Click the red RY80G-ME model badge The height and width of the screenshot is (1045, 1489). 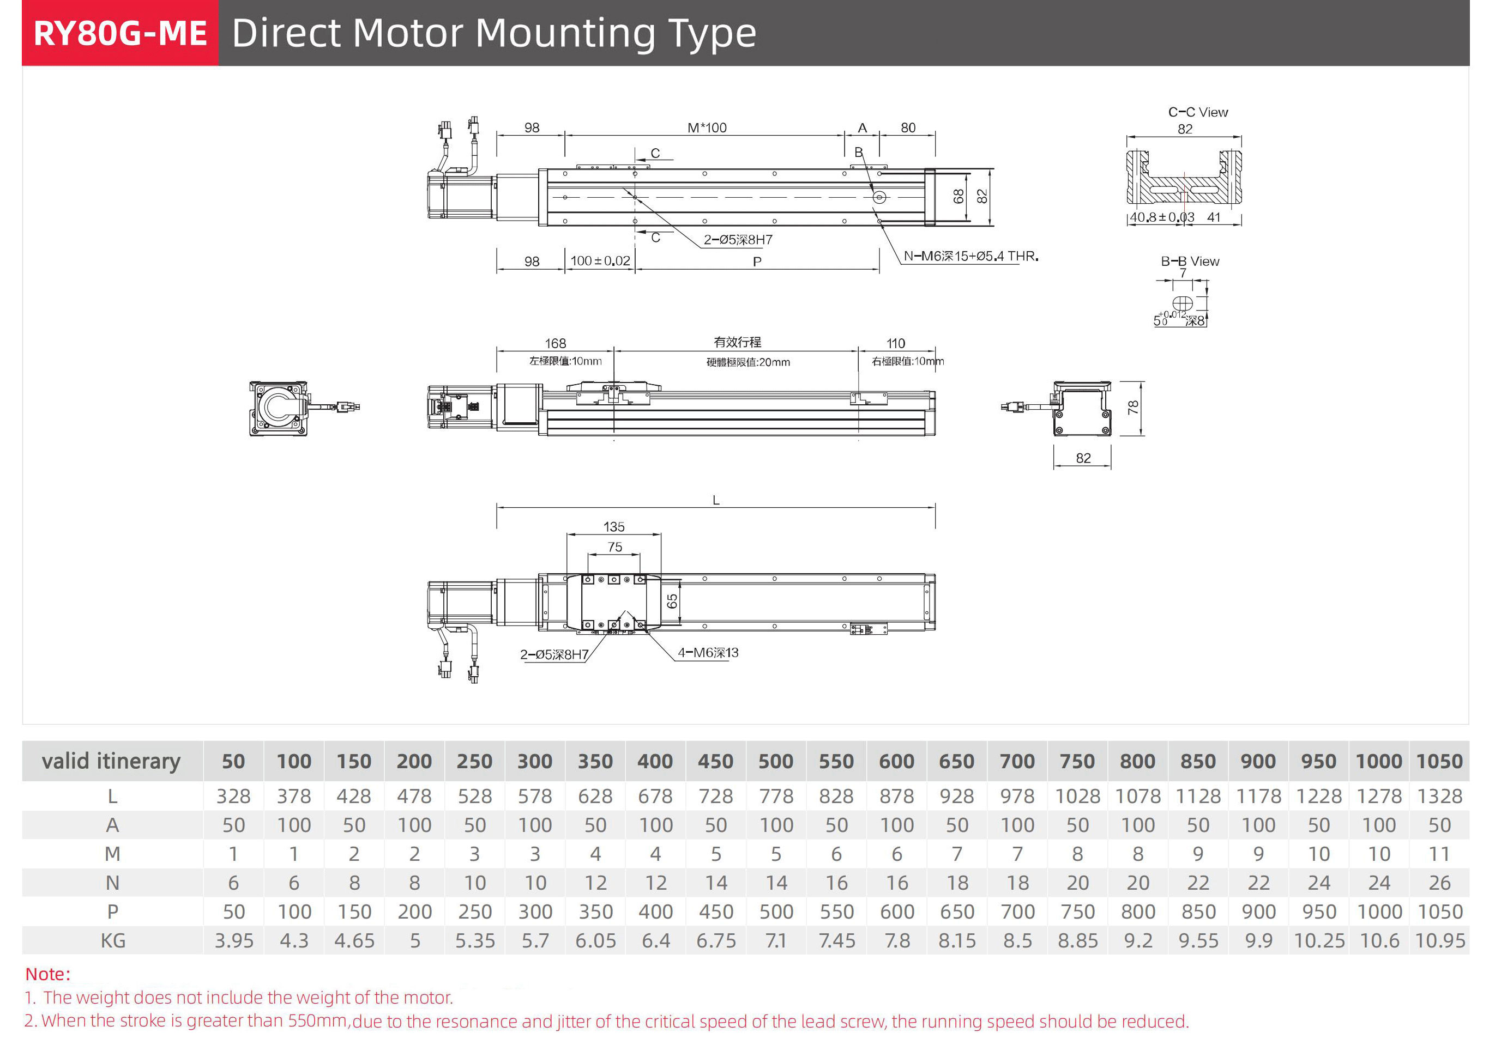pyautogui.click(x=120, y=33)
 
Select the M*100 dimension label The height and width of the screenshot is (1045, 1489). pyautogui.click(x=707, y=127)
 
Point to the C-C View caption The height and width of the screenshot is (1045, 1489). pyautogui.click(x=1198, y=112)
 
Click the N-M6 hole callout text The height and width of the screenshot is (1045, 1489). pyautogui.click(x=970, y=256)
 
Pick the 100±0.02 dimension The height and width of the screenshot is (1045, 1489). pyautogui.click(x=600, y=260)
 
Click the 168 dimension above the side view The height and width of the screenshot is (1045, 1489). pyautogui.click(x=555, y=343)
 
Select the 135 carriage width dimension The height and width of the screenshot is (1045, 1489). pyautogui.click(x=613, y=526)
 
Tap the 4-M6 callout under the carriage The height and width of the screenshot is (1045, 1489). pyautogui.click(x=708, y=652)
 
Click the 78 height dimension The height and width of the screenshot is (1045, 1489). pyautogui.click(x=1132, y=408)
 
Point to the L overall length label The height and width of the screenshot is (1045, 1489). pyautogui.click(x=716, y=500)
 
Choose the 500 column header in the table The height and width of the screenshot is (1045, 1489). pyautogui.click(x=776, y=761)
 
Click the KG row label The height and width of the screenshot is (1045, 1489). pyautogui.click(x=113, y=940)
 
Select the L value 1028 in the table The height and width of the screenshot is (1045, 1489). pyautogui.click(x=1077, y=796)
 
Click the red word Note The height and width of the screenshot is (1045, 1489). pyautogui.click(x=47, y=974)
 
